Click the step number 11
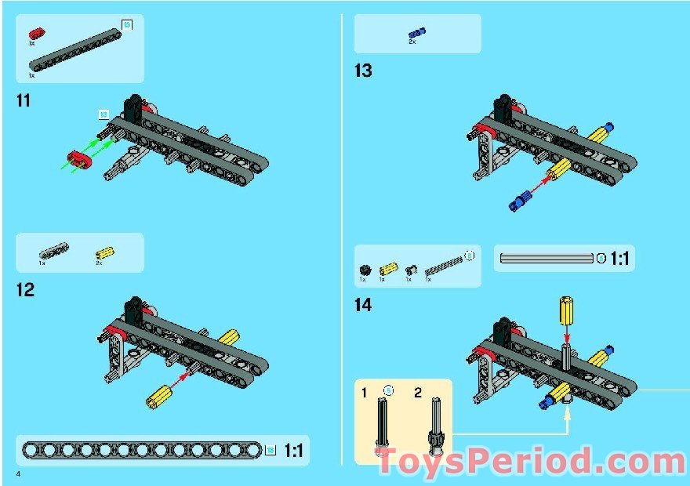(24, 100)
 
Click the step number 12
(25, 289)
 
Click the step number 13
(363, 71)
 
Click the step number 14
(363, 305)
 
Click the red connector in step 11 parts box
(35, 34)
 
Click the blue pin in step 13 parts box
(416, 33)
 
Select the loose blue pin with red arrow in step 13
(519, 204)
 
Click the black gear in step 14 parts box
(363, 270)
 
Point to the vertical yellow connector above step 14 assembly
(566, 311)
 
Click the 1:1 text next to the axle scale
(619, 258)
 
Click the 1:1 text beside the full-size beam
(294, 451)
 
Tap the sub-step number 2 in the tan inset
(418, 391)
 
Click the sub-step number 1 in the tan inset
(364, 391)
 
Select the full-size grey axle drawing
(547, 258)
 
